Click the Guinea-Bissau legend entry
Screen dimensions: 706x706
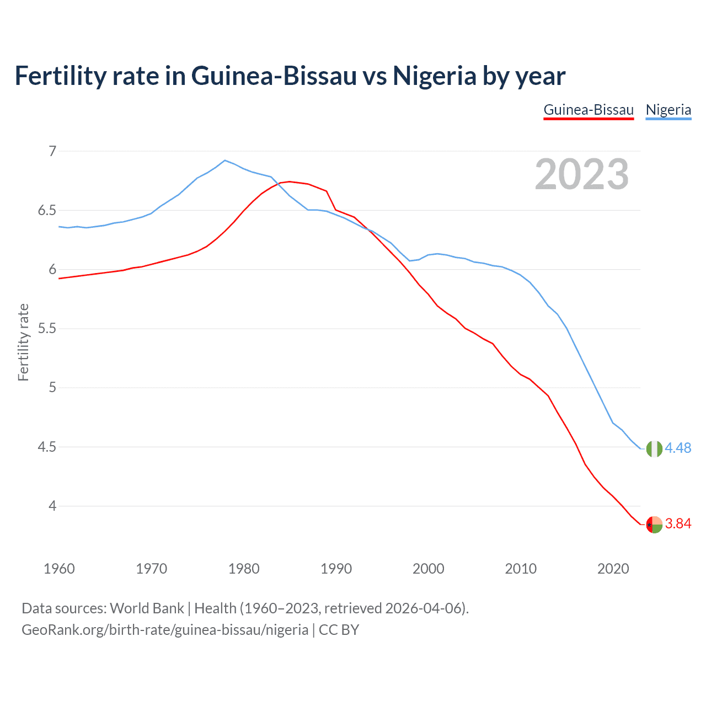(x=589, y=110)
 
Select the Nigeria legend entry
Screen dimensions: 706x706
(x=668, y=110)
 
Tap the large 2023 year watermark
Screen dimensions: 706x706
(x=581, y=174)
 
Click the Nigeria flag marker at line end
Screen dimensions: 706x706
(x=654, y=449)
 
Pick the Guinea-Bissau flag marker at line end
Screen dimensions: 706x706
(x=654, y=525)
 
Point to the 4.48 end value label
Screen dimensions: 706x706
(x=678, y=448)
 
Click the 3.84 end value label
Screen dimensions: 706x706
(x=678, y=524)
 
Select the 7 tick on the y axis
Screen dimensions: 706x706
(x=52, y=151)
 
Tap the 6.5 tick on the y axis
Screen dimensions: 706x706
(x=47, y=211)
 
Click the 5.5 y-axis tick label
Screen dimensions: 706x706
(x=47, y=329)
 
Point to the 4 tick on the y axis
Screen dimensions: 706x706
(x=52, y=506)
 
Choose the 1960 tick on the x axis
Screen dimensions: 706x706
(x=59, y=569)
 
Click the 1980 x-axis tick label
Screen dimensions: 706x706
(x=244, y=569)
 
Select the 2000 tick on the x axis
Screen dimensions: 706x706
(x=429, y=569)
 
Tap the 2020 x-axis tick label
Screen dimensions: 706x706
(x=613, y=569)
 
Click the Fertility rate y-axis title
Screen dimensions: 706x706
(x=23, y=342)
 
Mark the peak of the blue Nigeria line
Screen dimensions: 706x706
(x=224, y=161)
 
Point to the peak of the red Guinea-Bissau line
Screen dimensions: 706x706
(x=290, y=181)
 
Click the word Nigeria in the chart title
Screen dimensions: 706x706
(x=434, y=76)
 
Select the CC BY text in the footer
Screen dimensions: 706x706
(x=339, y=630)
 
